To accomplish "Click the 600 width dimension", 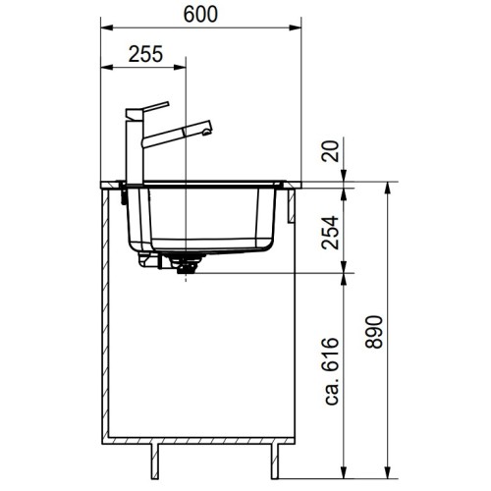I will pyautogui.click(x=199, y=13).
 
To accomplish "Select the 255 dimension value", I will pyautogui.click(x=144, y=55).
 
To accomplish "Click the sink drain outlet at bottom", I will pyautogui.click(x=182, y=269).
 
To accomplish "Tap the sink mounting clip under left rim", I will pyautogui.click(x=124, y=195).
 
